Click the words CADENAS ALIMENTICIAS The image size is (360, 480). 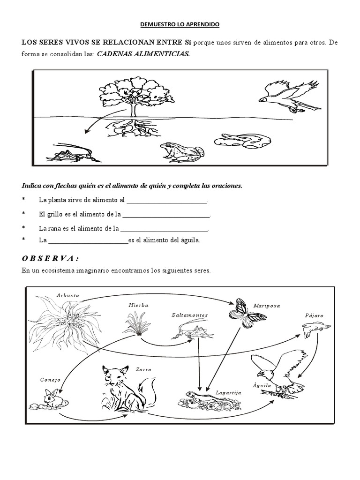(143, 54)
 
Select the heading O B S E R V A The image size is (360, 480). (50, 259)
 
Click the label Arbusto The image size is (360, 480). (67, 296)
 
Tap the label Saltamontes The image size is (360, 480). (189, 315)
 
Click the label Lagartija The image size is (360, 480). (228, 392)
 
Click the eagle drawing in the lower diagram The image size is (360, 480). (277, 373)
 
